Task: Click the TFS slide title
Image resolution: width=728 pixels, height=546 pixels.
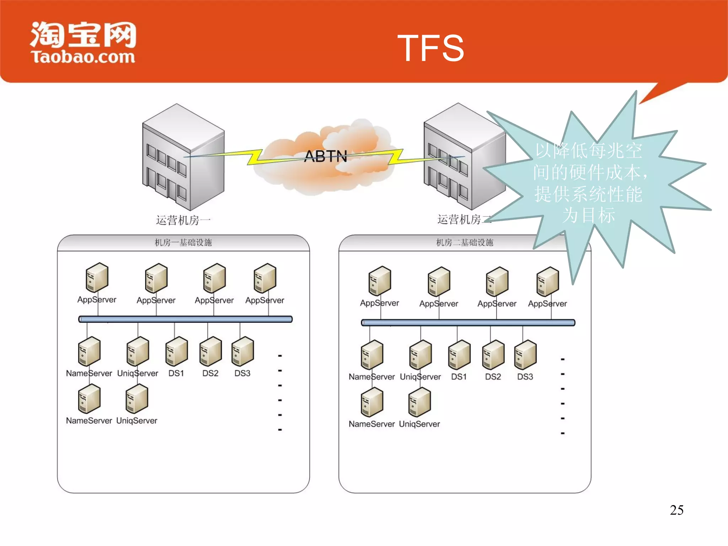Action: [x=430, y=48]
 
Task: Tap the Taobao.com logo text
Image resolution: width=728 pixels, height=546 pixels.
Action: [x=83, y=57]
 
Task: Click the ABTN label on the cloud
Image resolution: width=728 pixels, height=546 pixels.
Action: [x=326, y=156]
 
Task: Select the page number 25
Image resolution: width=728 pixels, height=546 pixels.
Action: [x=676, y=510]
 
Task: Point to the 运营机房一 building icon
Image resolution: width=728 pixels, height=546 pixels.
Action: [x=183, y=156]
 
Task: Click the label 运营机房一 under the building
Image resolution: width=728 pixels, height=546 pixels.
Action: [x=183, y=220]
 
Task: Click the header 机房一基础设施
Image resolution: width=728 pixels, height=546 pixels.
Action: [x=183, y=243]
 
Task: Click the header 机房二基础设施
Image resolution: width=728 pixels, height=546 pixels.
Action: [x=465, y=243]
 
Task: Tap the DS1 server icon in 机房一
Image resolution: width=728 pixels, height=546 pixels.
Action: [x=176, y=351]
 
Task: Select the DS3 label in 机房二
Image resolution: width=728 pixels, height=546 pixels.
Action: [x=525, y=377]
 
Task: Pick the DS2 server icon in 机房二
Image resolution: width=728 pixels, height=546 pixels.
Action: [x=493, y=355]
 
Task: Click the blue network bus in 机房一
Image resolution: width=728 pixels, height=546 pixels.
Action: [x=185, y=319]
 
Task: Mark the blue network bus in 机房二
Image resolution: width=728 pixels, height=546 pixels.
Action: [x=468, y=323]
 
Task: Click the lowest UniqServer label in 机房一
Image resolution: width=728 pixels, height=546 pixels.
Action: [x=137, y=421]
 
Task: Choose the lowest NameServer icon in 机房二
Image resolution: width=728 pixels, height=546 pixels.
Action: [x=372, y=402]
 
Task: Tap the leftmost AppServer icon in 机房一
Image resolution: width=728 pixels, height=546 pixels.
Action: [x=97, y=277]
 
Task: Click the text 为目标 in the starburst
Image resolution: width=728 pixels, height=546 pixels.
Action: [x=588, y=215]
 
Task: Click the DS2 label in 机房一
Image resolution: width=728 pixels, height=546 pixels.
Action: [x=210, y=373]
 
